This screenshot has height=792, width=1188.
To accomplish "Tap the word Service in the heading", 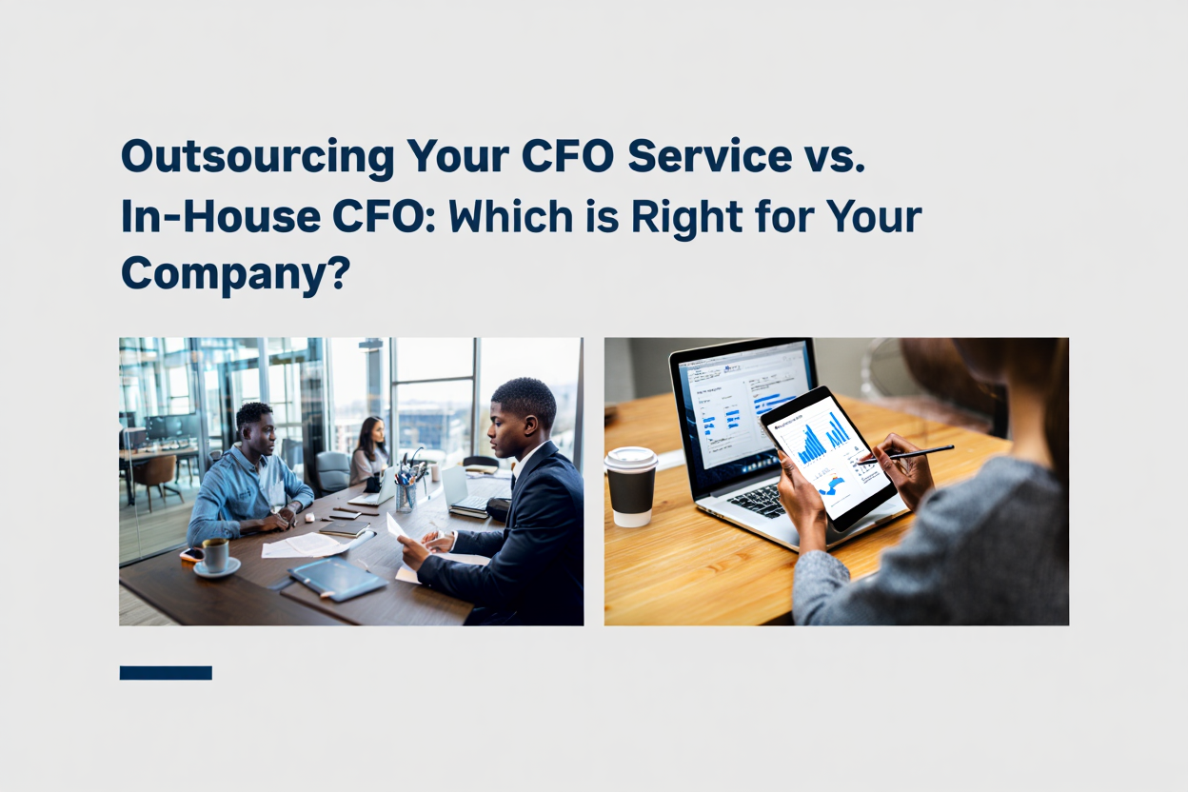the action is (710, 156).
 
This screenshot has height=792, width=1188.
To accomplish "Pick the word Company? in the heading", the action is (236, 275).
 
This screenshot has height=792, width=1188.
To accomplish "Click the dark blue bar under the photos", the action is (166, 673).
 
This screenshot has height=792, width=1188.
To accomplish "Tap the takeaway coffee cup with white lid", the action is (630, 486).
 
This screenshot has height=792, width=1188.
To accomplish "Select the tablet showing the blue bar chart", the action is (828, 457).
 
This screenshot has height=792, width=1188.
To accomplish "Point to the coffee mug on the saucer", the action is (216, 555).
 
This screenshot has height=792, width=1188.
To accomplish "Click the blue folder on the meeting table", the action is (337, 578).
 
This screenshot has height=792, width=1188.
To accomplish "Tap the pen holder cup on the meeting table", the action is (406, 497).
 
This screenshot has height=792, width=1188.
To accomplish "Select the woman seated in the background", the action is (369, 451).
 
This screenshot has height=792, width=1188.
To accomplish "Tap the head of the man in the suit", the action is (522, 419).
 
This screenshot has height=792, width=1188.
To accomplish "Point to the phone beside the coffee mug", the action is (192, 554).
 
